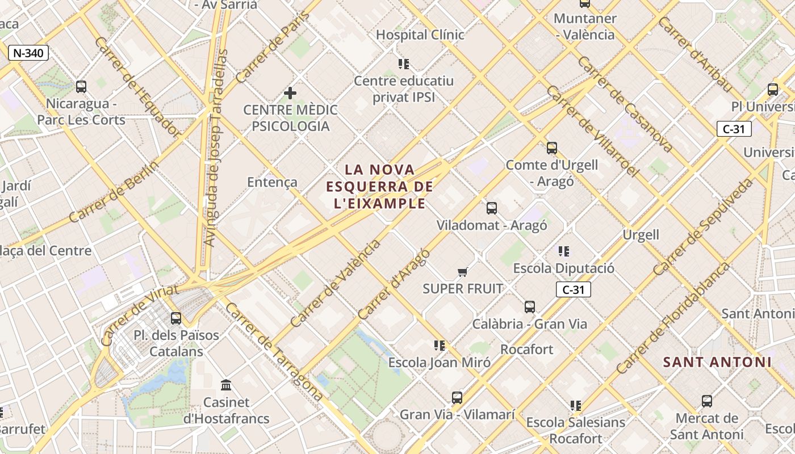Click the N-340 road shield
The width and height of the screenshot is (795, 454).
28,53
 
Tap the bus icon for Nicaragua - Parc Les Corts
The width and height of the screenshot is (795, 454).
81,87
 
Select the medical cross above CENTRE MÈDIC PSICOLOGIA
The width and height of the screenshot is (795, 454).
290,93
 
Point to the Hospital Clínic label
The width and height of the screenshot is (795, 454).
420,35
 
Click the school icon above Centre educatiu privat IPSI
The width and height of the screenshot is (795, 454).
404,64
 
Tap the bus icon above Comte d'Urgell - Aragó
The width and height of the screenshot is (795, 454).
551,148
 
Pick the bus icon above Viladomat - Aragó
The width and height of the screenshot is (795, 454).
492,208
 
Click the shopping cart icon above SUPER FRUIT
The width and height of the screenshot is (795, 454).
463,272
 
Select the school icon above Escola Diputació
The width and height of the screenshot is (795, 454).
563,251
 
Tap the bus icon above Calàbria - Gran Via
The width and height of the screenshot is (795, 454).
530,307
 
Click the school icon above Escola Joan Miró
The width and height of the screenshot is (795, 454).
439,345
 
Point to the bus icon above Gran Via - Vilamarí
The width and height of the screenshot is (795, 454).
457,398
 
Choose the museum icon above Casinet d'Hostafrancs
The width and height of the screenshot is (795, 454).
226,385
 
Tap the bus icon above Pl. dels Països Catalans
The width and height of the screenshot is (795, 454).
176,318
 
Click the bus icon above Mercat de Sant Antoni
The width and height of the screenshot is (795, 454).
706,401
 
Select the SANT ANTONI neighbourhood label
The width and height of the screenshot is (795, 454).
717,362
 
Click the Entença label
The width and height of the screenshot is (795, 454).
272,182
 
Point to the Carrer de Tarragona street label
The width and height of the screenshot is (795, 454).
274,352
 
